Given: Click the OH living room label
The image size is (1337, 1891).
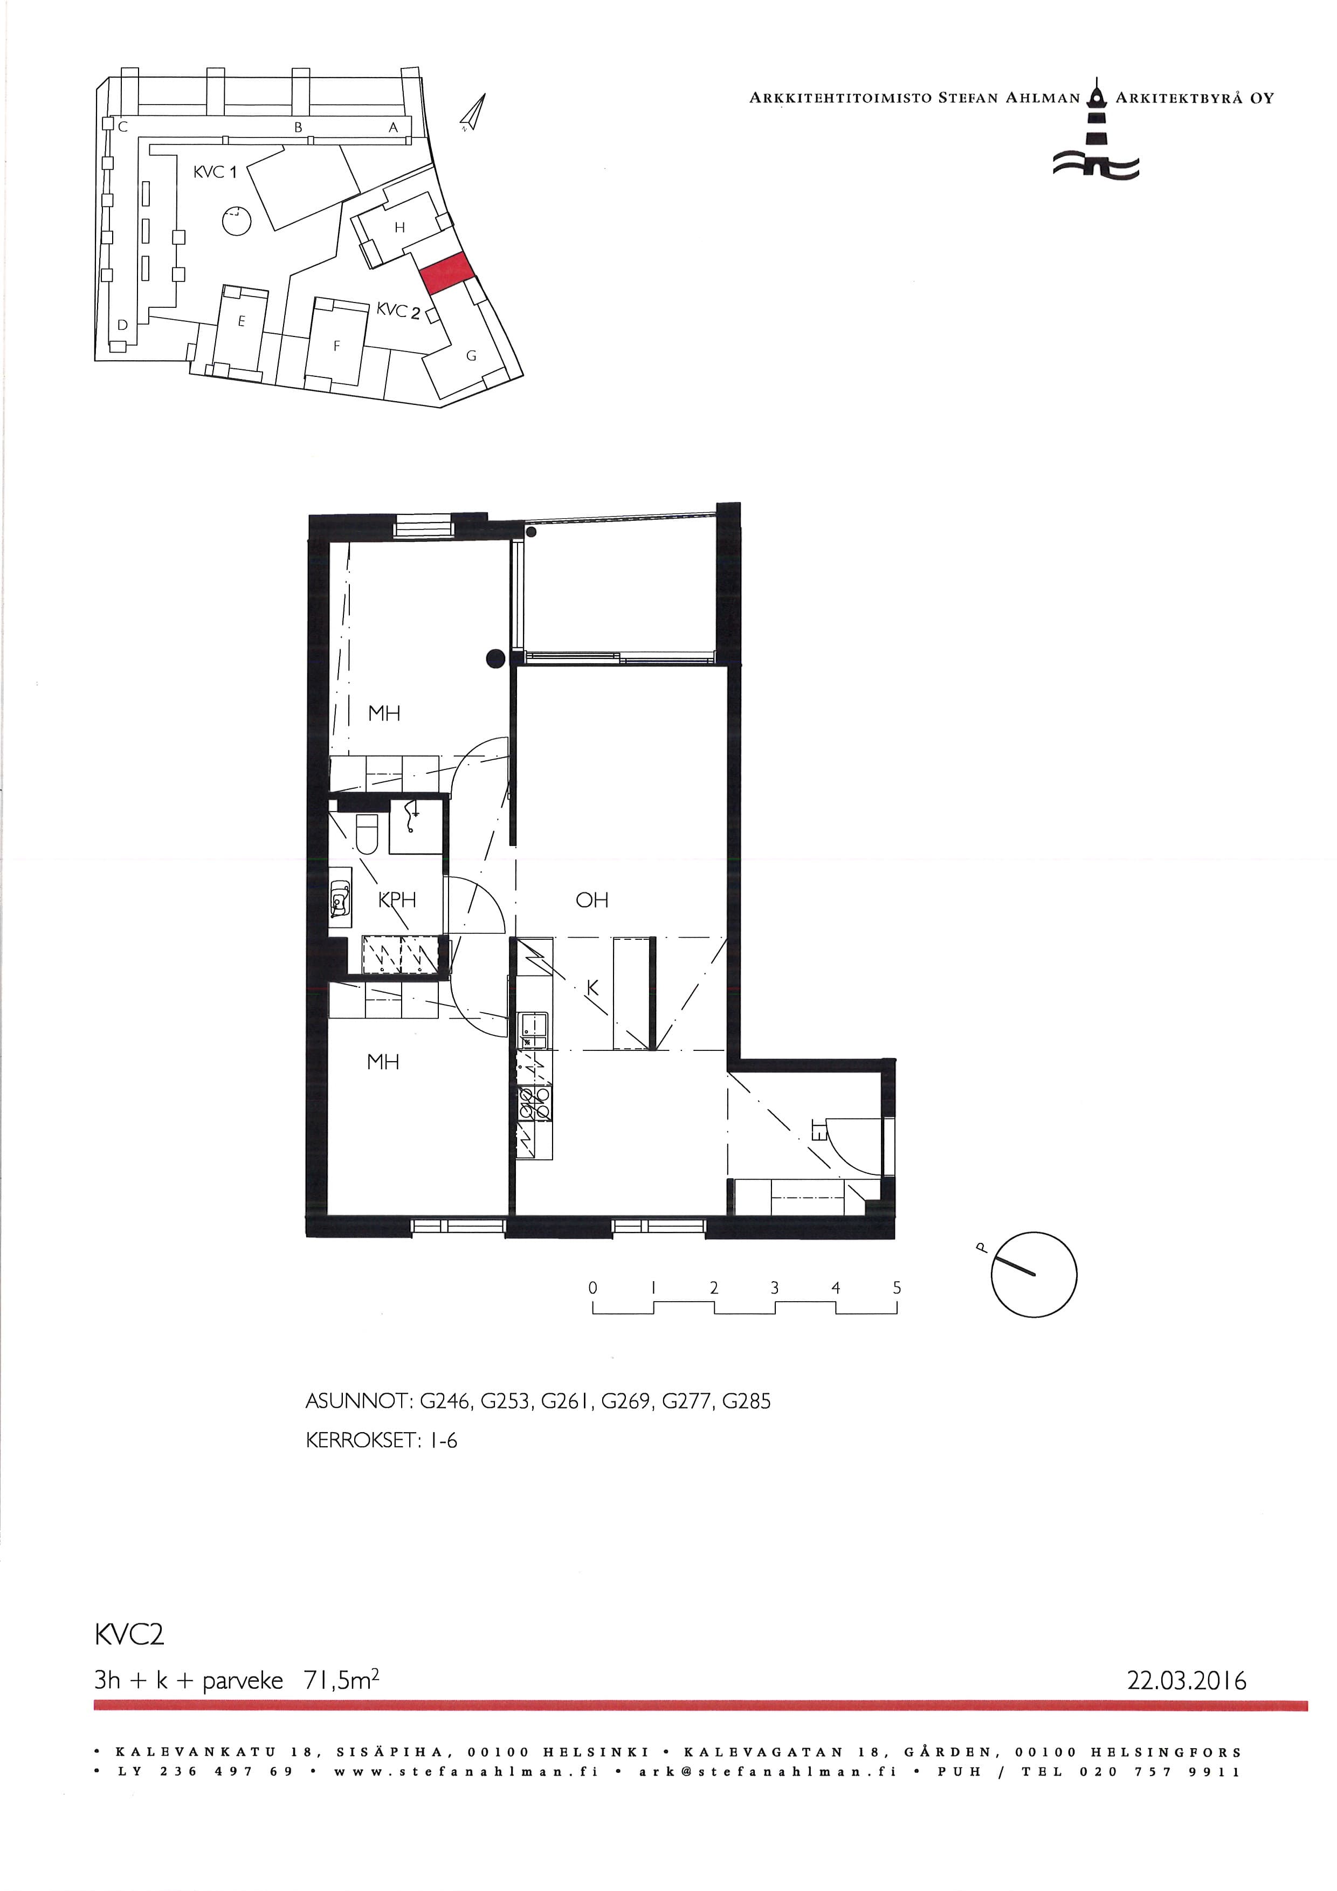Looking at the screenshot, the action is tap(592, 900).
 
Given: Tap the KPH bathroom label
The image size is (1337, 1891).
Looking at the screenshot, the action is tap(397, 900).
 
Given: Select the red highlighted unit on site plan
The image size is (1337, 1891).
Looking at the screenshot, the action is tap(446, 273).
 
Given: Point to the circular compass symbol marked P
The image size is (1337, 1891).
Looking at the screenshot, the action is tap(1033, 1275).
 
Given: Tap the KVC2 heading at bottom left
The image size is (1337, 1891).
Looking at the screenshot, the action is tap(129, 1634).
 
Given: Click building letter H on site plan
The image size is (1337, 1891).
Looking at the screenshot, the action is tap(400, 228).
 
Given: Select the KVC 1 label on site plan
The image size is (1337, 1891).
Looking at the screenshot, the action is tap(215, 172).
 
